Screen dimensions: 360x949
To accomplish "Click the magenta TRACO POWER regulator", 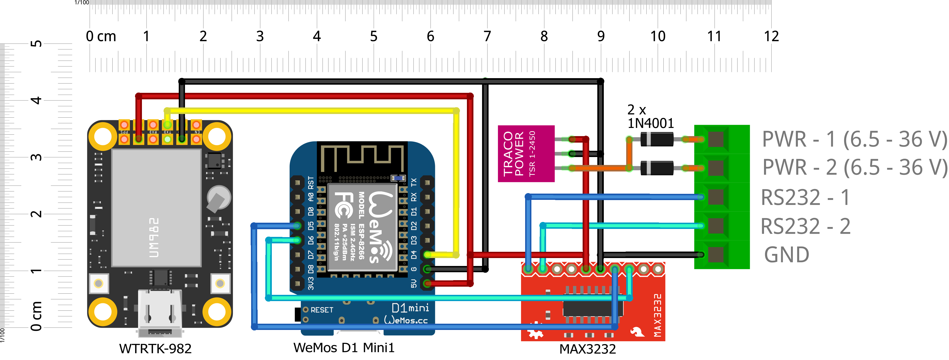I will pos(526,153).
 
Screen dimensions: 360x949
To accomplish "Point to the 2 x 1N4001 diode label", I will pos(650,116).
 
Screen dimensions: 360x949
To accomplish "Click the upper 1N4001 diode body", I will pos(657,139).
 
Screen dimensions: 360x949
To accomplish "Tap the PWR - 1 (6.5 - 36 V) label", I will pos(854,139).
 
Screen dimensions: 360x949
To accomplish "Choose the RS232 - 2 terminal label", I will pos(805,226).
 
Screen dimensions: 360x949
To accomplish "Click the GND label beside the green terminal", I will pos(787,255).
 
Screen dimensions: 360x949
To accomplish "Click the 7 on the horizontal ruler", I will pos(487,36).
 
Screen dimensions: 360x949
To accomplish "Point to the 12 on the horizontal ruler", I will pos(771,36).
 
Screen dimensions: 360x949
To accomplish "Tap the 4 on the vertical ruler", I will pos(36,100).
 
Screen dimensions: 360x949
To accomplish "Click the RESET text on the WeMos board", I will pos(322,310).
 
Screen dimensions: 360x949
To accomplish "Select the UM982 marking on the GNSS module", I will pos(154,237).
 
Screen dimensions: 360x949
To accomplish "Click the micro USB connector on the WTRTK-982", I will pos(160,313).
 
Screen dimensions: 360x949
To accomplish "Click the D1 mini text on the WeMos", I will pos(410,308).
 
